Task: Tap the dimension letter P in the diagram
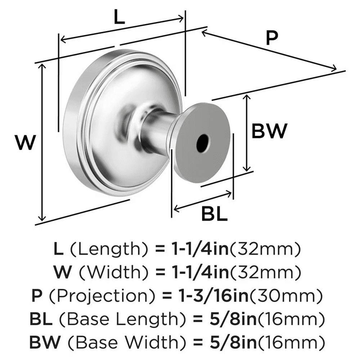(x=272, y=37)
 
